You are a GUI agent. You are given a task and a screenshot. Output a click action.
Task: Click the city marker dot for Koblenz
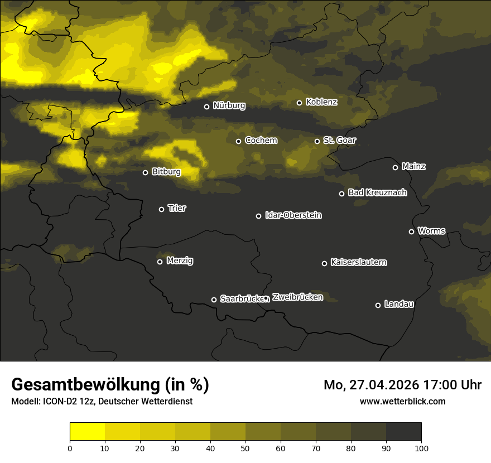299,103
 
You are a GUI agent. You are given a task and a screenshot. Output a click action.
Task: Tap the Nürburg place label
229,105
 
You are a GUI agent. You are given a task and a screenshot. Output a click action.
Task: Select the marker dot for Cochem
238,141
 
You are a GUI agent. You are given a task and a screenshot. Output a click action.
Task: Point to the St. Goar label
339,140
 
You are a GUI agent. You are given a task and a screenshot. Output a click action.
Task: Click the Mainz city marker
395,167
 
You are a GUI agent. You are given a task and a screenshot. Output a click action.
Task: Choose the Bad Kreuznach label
377,192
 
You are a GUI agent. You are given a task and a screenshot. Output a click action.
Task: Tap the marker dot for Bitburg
146,172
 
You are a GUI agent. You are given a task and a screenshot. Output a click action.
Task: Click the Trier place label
177,208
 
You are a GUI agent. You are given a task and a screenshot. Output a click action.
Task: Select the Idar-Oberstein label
293,215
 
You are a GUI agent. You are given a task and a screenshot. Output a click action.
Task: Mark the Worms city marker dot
411,231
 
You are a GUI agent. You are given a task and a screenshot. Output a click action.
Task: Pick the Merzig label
180,261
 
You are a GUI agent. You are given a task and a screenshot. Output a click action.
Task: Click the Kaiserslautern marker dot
324,263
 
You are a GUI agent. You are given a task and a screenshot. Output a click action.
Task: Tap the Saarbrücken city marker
214,300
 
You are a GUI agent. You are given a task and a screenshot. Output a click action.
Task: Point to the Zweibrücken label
297,297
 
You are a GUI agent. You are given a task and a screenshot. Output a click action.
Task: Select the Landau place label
399,304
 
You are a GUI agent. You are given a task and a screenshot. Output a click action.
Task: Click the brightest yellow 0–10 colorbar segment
87,432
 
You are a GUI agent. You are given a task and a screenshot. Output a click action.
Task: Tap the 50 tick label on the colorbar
245,448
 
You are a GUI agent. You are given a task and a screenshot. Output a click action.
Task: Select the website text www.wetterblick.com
402,401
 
